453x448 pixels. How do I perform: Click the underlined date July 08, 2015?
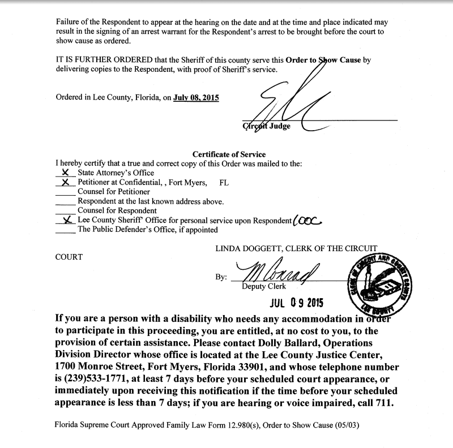coord(196,97)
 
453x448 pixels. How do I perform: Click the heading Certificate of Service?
coord(229,154)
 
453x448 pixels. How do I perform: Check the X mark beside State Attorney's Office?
coord(67,173)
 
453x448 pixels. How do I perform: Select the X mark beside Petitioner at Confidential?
coord(66,182)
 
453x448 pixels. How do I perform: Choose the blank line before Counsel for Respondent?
coord(66,212)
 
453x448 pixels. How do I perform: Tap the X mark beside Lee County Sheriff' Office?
coord(67,221)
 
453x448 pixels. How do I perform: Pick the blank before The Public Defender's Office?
coord(66,231)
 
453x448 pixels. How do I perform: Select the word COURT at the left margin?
coord(69,257)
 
